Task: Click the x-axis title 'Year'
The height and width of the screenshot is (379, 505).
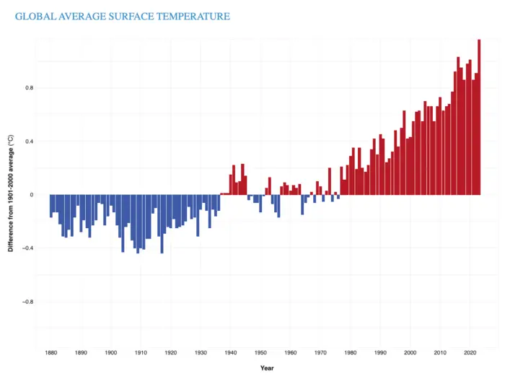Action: pyautogui.click(x=267, y=368)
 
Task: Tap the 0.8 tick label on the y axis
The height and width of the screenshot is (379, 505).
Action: pyautogui.click(x=30, y=88)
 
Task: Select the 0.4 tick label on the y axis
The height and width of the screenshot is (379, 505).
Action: pyautogui.click(x=30, y=141)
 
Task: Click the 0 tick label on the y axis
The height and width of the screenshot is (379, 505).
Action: pyautogui.click(x=32, y=195)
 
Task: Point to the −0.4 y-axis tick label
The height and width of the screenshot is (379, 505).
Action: pyautogui.click(x=28, y=248)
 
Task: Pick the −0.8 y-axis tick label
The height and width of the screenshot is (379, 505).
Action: pyautogui.click(x=28, y=302)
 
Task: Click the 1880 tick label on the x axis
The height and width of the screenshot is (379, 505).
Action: pyautogui.click(x=50, y=353)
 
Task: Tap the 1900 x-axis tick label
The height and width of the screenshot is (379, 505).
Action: pyautogui.click(x=110, y=353)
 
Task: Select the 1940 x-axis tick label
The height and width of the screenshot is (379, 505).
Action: pyautogui.click(x=230, y=353)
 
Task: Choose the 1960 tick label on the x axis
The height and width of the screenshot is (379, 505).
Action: pyautogui.click(x=290, y=353)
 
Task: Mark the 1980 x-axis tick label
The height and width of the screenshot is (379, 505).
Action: pyautogui.click(x=350, y=353)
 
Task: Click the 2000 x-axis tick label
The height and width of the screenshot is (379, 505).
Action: pyautogui.click(x=410, y=353)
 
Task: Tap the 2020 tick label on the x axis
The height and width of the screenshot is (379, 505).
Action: pyautogui.click(x=470, y=353)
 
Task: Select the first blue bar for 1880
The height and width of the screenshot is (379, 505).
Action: pyautogui.click(x=51, y=206)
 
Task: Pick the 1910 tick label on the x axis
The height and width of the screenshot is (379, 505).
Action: pyautogui.click(x=141, y=353)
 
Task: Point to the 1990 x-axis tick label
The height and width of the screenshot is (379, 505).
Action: pyautogui.click(x=380, y=353)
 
